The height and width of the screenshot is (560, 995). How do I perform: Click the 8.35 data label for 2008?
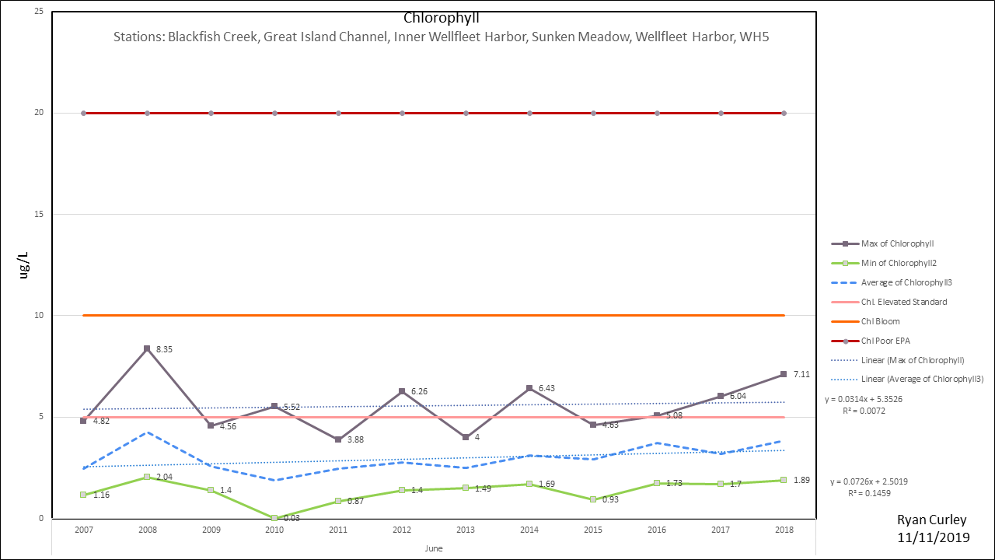click(163, 350)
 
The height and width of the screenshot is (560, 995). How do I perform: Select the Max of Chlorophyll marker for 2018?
click(784, 374)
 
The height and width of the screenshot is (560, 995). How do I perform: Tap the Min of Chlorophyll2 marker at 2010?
click(274, 518)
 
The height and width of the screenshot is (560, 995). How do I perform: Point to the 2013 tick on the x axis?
click(466, 530)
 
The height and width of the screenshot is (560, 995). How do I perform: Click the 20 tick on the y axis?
click(38, 113)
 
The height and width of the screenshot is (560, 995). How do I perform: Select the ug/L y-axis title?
click(25, 265)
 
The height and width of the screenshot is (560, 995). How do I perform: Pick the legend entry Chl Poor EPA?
click(886, 341)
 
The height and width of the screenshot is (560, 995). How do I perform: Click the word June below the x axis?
click(434, 548)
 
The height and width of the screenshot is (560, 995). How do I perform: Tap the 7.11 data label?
click(802, 374)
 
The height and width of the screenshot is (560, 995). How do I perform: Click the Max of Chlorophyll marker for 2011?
click(338, 439)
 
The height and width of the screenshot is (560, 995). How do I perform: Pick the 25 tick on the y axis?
click(38, 12)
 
